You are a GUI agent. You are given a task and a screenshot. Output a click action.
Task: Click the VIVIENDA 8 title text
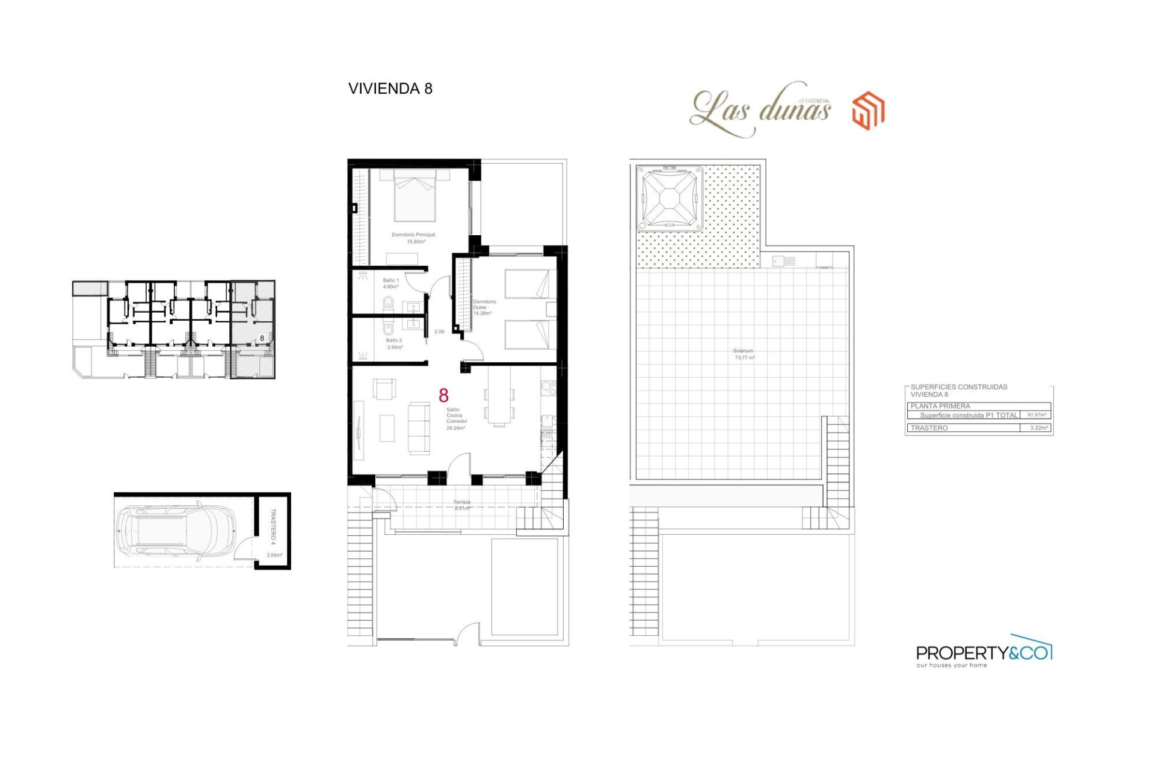[x=390, y=88]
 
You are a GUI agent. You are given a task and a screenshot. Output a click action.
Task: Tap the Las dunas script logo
[x=760, y=110]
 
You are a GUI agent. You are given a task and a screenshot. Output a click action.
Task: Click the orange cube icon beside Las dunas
[x=868, y=110]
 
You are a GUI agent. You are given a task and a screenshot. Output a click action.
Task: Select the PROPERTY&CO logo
[x=984, y=652]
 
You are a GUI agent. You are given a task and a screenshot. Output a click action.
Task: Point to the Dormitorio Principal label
[x=413, y=238]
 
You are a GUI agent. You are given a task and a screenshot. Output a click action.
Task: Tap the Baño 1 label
[x=390, y=283]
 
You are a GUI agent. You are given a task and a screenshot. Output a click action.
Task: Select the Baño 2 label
[x=394, y=343]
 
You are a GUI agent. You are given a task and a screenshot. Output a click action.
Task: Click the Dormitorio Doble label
[x=483, y=307]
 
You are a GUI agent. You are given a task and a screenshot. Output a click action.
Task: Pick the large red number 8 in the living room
[x=443, y=395]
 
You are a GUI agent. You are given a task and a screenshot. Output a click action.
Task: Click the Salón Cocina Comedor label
[x=456, y=419]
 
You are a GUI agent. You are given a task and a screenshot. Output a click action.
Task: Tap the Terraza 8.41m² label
[x=461, y=505]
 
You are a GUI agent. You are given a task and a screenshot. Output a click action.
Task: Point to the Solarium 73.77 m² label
[x=744, y=354]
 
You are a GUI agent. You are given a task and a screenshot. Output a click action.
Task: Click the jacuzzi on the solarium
[x=670, y=198]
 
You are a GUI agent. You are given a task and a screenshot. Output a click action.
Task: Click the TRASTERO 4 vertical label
[x=273, y=527]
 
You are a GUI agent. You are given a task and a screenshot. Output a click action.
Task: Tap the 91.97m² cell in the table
[x=1036, y=415]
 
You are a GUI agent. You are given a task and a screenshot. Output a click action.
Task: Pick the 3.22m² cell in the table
[x=1038, y=428]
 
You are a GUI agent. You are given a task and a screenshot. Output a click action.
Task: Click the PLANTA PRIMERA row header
[x=940, y=406]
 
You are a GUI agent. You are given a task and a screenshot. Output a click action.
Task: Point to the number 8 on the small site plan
[x=262, y=339]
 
